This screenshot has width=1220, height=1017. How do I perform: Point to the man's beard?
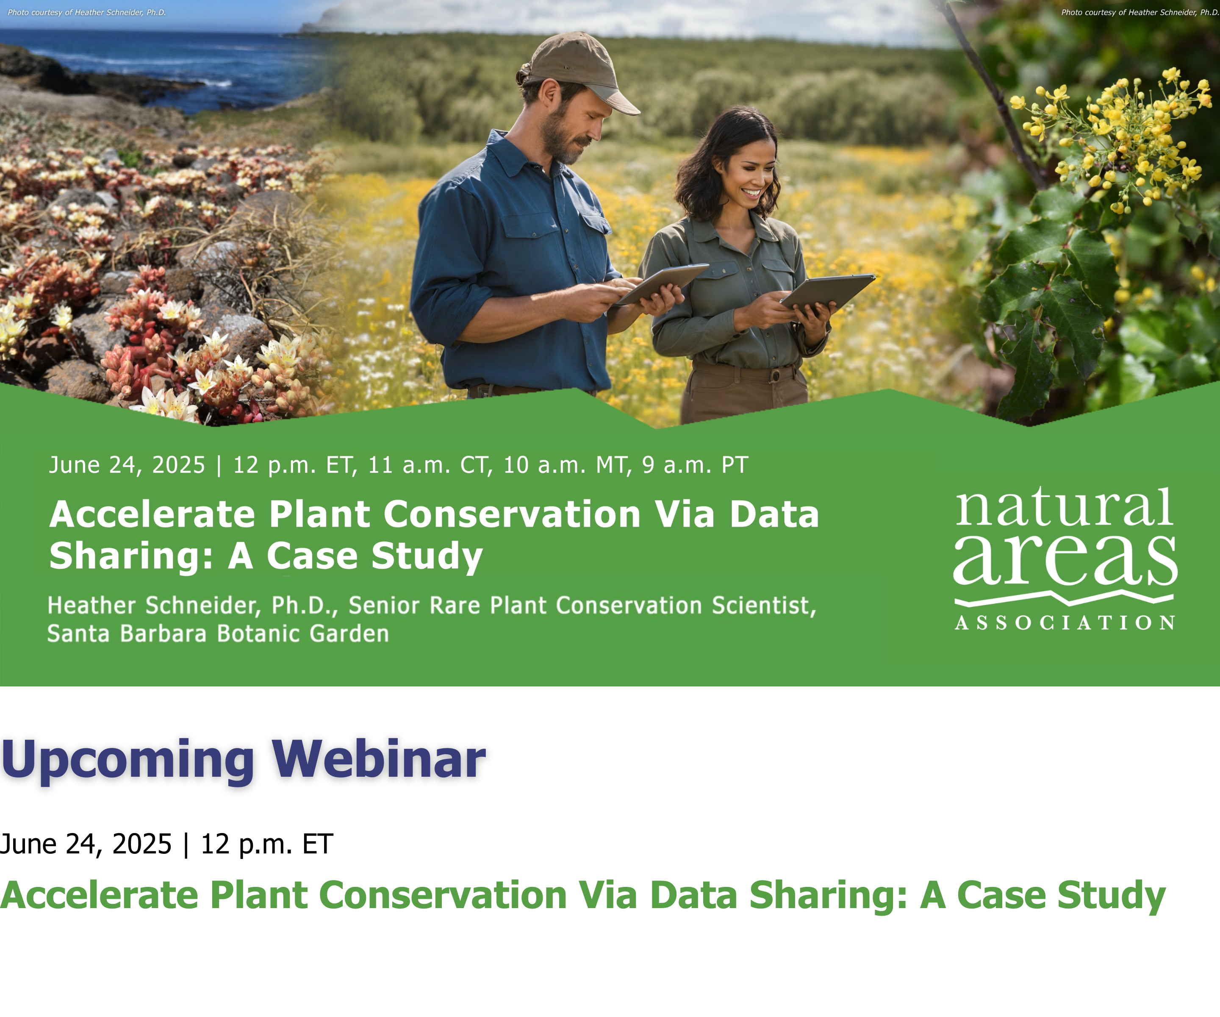[566, 139]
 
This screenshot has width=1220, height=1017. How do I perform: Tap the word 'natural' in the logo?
[1064, 507]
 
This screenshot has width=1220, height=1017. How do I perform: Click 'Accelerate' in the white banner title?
[152, 514]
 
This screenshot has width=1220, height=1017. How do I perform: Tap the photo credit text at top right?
[1140, 12]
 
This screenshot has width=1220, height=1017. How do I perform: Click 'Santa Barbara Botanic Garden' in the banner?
[218, 634]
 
